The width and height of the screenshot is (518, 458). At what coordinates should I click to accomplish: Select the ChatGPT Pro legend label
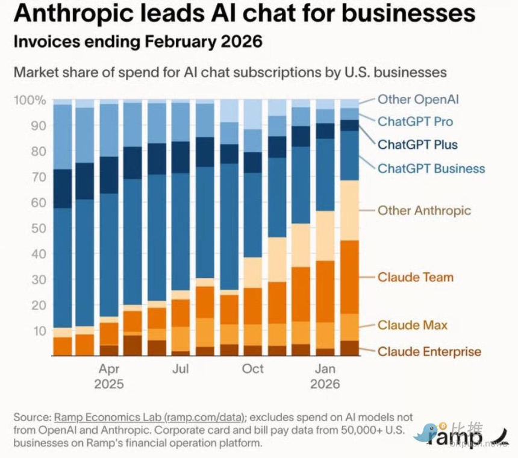tap(415, 122)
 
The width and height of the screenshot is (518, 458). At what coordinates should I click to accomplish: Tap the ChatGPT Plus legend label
tap(417, 145)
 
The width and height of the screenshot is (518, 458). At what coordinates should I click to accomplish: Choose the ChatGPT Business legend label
tap(431, 168)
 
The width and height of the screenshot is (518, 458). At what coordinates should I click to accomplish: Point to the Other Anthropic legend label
tap(424, 210)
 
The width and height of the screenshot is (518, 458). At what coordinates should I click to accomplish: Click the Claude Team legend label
tap(415, 277)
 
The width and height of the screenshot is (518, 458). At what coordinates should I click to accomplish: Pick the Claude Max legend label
tap(413, 325)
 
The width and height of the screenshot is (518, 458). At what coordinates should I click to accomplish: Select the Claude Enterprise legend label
tap(429, 351)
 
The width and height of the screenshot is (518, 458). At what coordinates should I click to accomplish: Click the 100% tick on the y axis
tap(29, 100)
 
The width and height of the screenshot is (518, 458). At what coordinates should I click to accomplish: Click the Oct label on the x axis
tap(253, 368)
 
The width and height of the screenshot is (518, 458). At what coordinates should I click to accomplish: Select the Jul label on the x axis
tap(181, 368)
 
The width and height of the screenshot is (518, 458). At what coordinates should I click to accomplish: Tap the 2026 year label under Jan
tap(326, 384)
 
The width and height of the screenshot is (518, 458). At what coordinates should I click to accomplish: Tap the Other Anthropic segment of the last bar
tap(350, 210)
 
